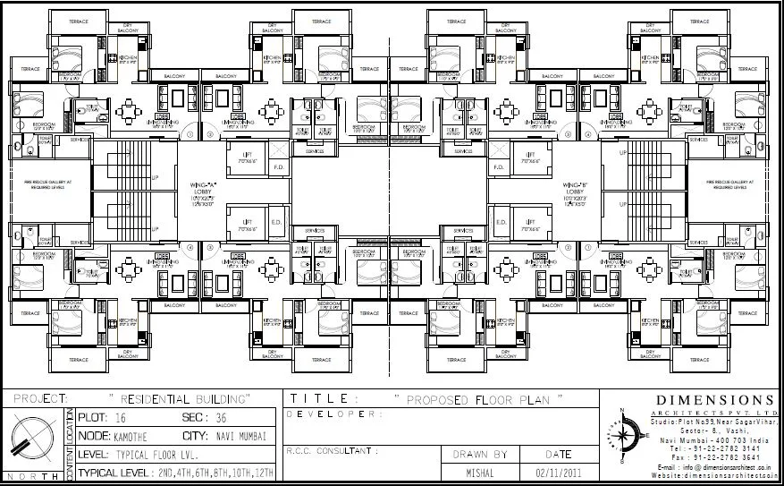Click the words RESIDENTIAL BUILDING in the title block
(x=178, y=396)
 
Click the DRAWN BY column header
(x=481, y=454)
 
